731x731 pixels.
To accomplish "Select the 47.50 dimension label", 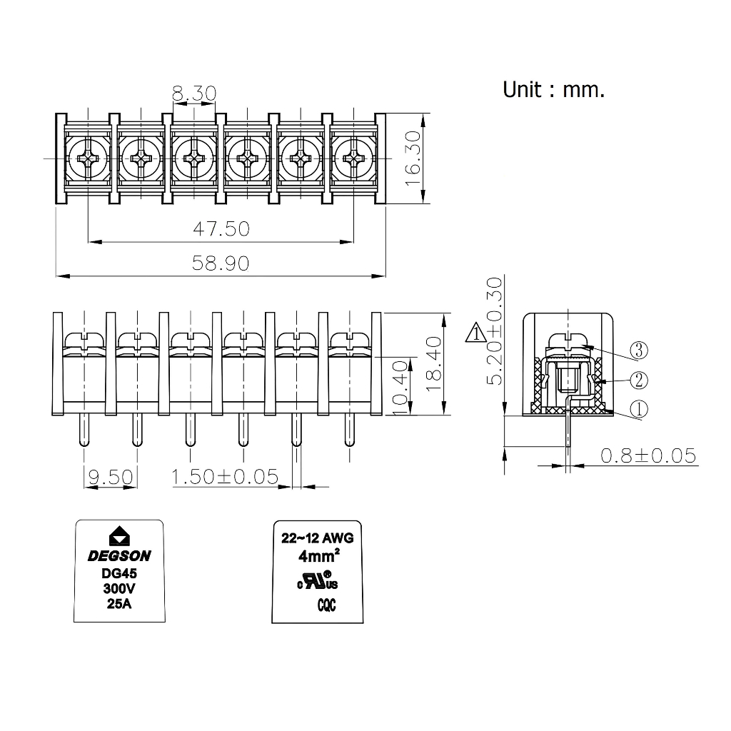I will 221,229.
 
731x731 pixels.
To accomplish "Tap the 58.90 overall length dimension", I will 221,263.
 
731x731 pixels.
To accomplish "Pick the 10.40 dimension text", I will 400,386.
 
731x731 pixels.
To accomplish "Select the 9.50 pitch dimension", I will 111,476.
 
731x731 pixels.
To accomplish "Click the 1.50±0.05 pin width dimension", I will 225,476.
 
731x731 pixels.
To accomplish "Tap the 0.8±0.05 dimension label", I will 648,455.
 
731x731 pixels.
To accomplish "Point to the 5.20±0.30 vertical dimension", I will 494,331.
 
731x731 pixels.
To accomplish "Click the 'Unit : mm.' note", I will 553,90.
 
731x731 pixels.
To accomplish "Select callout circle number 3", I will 639,351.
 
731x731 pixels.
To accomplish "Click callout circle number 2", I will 639,380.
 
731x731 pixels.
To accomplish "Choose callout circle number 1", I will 639,409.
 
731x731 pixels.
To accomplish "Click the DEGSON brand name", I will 119,556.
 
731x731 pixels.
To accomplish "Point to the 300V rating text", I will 120,589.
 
